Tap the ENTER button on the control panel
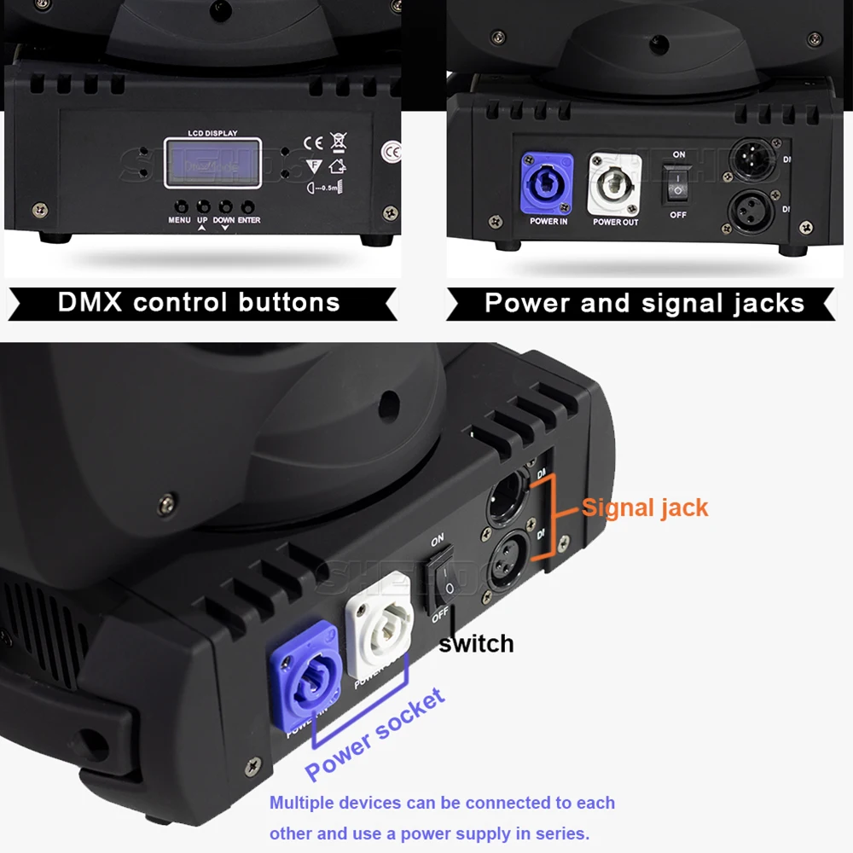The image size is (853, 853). click(x=248, y=206)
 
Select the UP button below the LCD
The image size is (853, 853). click(x=203, y=206)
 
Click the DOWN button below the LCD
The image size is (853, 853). click(x=225, y=206)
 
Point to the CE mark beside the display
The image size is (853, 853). click(x=313, y=142)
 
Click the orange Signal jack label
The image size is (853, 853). click(x=645, y=508)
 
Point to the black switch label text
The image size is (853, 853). click(x=476, y=643)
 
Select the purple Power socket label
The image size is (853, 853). click(x=375, y=735)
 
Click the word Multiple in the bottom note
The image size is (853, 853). click(x=304, y=803)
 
